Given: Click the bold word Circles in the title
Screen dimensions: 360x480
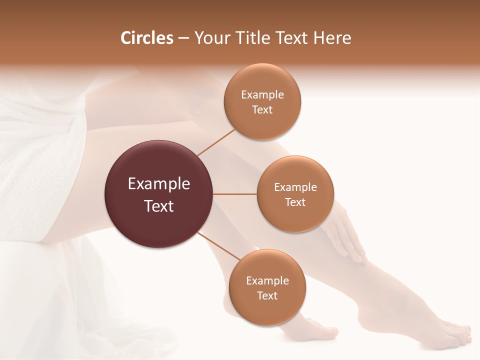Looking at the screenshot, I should click(x=146, y=38).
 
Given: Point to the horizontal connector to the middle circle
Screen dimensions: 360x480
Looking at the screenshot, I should click(x=235, y=194).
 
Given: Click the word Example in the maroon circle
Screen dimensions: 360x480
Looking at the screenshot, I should click(x=159, y=184).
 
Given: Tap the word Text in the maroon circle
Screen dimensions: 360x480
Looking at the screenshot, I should click(x=159, y=205).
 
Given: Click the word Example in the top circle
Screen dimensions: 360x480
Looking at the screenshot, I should click(x=262, y=95).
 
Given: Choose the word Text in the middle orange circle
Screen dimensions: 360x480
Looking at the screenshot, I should click(x=295, y=202).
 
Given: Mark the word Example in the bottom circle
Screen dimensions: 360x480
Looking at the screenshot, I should click(x=267, y=280).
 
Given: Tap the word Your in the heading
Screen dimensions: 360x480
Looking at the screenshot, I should click(x=209, y=38).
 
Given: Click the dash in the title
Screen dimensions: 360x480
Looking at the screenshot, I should click(x=183, y=38).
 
